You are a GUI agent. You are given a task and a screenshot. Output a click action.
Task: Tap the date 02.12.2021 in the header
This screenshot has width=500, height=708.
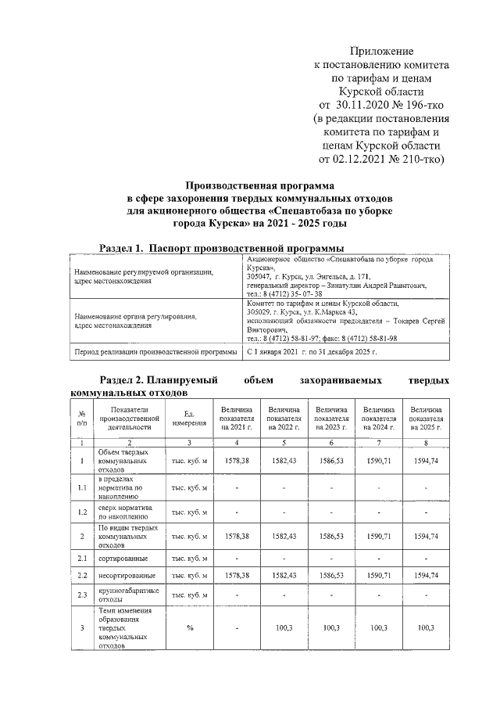coord(366,160)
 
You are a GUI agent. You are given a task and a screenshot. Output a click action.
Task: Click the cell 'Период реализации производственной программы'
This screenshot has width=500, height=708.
coord(153,353)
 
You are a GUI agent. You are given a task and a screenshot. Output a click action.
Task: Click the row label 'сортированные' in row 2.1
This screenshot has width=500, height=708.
coord(123,558)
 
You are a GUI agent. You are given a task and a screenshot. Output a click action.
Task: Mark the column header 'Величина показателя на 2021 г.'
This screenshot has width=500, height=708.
coord(236,419)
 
